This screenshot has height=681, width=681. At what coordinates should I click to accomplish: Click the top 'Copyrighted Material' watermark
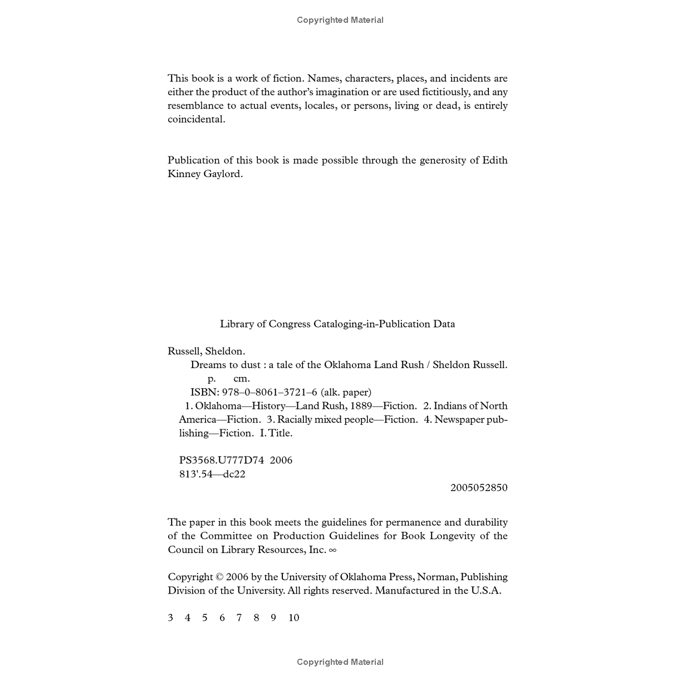point(340,20)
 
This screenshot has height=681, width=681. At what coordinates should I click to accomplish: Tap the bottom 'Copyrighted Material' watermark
point(340,662)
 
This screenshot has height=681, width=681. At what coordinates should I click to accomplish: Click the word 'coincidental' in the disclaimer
point(196,119)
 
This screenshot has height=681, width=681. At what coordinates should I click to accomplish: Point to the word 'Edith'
point(494,160)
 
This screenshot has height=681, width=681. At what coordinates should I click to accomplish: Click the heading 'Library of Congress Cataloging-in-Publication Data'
point(337,324)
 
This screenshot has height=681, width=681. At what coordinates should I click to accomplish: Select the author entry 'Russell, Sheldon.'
point(206,351)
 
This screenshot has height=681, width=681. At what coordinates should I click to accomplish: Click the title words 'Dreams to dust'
point(225,365)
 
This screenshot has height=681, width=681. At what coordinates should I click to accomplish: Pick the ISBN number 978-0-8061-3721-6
point(270,393)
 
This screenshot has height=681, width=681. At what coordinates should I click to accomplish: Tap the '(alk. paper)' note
point(346,393)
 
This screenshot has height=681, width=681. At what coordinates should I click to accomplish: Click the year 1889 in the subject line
point(361,406)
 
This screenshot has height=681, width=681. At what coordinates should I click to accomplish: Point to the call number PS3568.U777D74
point(221,460)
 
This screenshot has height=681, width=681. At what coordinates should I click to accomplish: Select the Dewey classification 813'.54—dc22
point(212,474)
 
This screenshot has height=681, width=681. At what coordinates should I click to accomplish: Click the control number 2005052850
point(479,488)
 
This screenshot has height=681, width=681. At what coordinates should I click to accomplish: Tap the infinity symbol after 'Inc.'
point(333,550)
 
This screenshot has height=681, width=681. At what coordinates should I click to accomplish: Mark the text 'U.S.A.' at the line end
point(486,591)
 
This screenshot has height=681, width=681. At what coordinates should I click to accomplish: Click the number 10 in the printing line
point(293,618)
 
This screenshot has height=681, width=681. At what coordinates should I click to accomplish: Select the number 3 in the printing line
point(170,618)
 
